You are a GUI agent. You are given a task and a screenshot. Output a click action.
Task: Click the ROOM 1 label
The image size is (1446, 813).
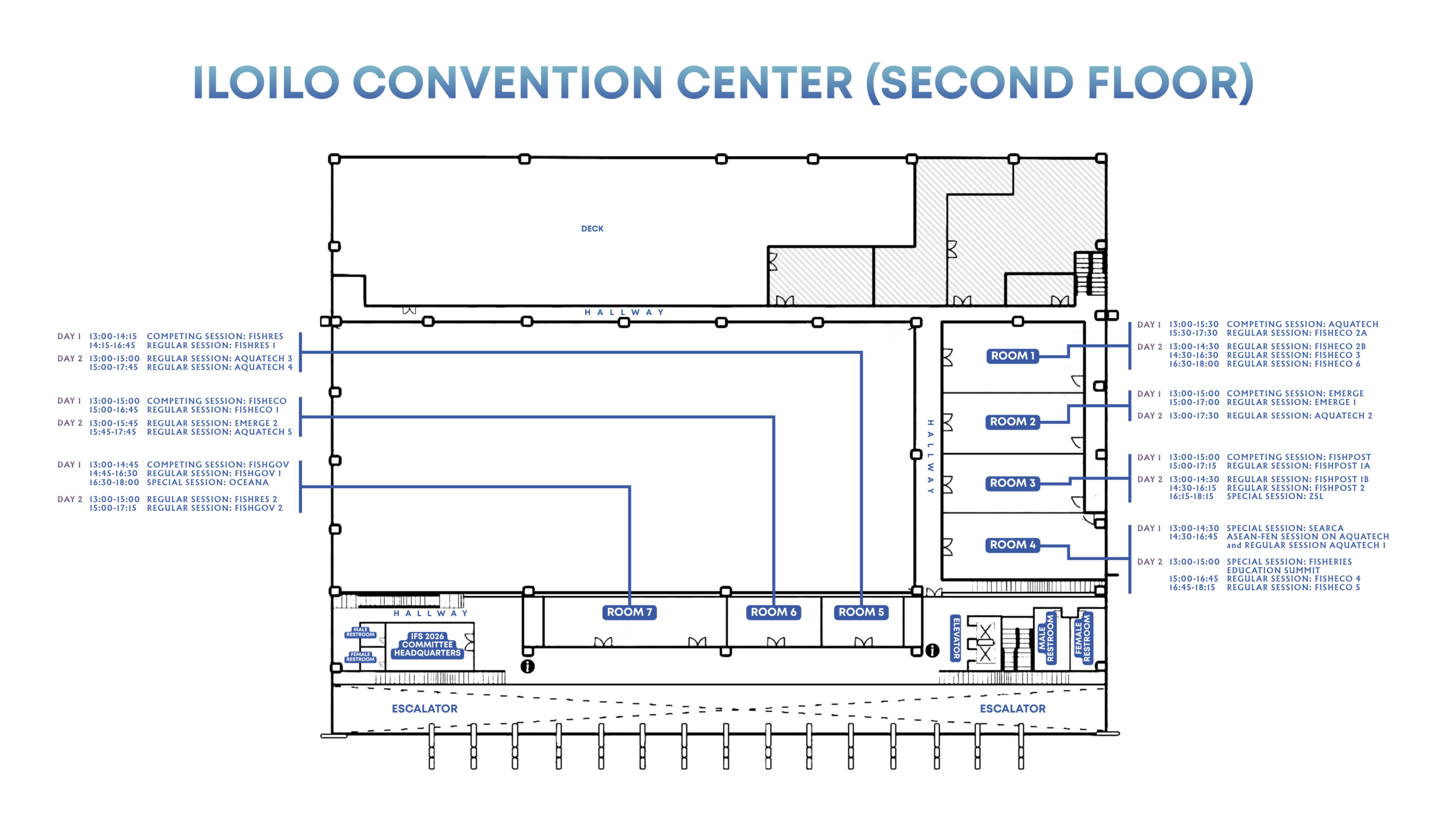(x=1012, y=356)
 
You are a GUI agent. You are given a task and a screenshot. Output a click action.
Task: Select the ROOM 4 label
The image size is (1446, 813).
(x=1012, y=545)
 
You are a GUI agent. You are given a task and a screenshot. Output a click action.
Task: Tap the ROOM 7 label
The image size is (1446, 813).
(x=629, y=612)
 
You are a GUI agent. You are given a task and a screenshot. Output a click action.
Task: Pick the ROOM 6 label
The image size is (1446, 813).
(x=773, y=612)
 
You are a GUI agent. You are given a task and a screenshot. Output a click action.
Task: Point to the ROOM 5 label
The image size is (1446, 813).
(x=861, y=612)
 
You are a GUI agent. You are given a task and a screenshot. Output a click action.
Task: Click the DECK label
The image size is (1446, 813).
(x=592, y=229)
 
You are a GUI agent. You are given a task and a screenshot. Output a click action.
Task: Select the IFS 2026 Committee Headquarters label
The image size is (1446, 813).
(x=427, y=645)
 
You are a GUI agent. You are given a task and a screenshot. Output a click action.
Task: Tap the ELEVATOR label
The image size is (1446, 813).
(x=956, y=638)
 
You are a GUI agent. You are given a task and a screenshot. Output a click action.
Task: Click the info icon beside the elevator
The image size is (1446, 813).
(x=932, y=651)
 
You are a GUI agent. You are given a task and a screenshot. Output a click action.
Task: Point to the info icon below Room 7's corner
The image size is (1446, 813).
(x=528, y=667)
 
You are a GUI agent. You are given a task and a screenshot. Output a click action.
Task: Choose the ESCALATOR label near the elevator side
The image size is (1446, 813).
(x=1012, y=709)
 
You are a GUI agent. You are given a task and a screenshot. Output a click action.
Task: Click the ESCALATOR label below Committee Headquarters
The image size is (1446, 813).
(x=425, y=709)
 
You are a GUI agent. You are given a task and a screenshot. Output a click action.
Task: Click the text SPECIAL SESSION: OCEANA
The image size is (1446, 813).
(x=208, y=482)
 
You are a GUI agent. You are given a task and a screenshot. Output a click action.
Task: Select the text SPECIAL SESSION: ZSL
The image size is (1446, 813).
(x=1275, y=496)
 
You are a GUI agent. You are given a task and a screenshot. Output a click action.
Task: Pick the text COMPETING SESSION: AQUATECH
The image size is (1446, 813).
(x=1303, y=324)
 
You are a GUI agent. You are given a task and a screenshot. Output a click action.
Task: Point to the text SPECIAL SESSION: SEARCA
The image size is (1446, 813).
(x=1285, y=528)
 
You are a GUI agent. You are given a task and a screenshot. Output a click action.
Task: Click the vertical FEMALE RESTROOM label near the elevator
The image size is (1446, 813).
(x=1083, y=638)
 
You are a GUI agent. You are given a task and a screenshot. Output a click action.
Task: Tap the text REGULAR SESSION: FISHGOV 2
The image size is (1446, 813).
(x=215, y=508)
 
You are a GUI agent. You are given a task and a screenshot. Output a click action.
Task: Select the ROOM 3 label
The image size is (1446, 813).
(x=1012, y=483)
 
